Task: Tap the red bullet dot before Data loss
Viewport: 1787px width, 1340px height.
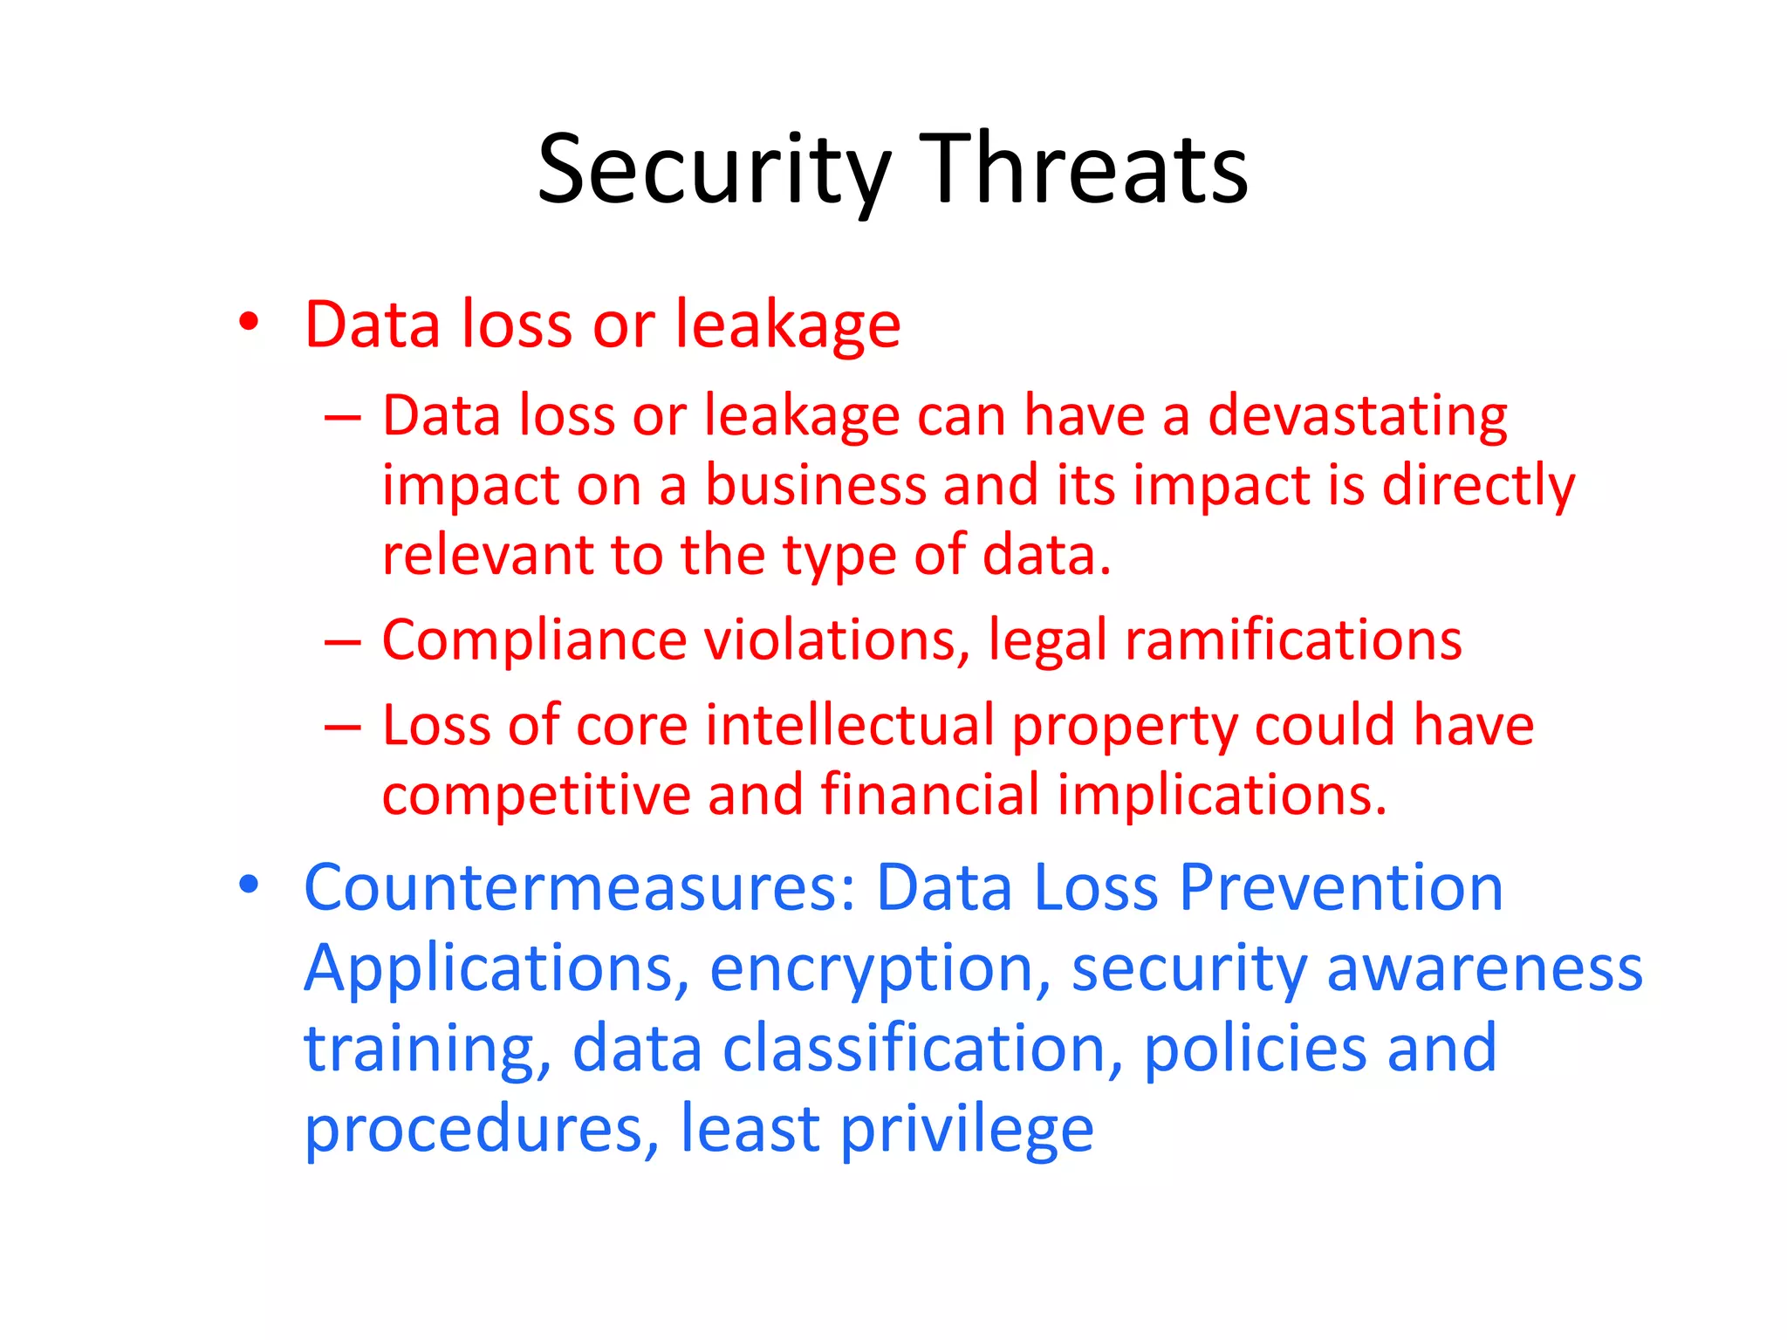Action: pos(249,322)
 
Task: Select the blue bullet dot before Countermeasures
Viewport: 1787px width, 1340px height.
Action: pos(249,885)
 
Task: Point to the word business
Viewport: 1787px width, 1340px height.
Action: pos(815,485)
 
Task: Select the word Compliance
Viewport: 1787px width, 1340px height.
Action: pos(534,640)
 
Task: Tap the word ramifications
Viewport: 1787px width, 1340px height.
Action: pos(1293,640)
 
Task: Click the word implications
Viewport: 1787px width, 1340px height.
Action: pos(1222,796)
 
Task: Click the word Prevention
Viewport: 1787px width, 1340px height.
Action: pos(1341,888)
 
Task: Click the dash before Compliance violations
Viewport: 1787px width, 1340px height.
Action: pos(342,642)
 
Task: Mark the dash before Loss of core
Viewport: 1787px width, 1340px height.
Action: pos(342,727)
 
